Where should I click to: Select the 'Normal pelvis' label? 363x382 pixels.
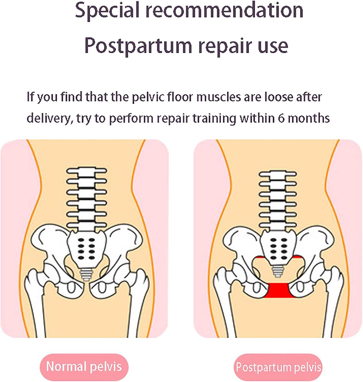click(84, 367)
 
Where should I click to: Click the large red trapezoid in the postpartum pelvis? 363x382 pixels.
click(278, 291)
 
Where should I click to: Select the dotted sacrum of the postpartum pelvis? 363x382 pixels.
click(278, 247)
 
